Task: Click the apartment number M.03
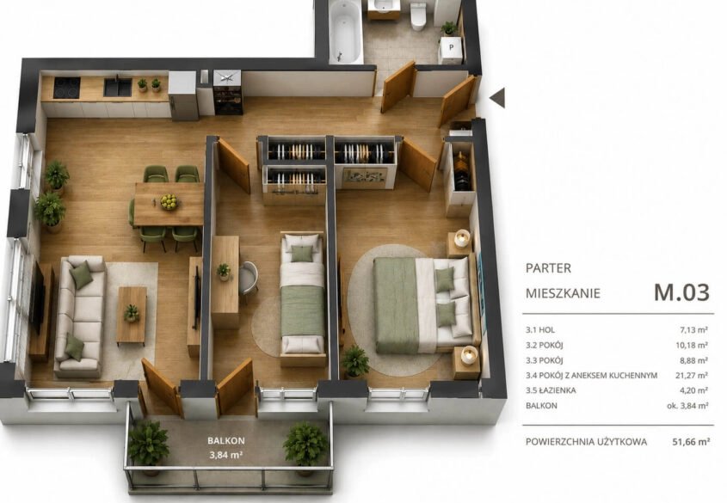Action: pyautogui.click(x=681, y=291)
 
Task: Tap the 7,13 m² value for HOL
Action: pyautogui.click(x=693, y=330)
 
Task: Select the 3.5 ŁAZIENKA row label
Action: pyautogui.click(x=551, y=390)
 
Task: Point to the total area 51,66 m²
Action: pyautogui.click(x=691, y=441)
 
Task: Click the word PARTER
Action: pyautogui.click(x=549, y=267)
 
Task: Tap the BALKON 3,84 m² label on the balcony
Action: pyautogui.click(x=226, y=448)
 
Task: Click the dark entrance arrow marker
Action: pyautogui.click(x=497, y=98)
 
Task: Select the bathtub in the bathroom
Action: pyautogui.click(x=345, y=32)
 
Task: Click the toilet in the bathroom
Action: pyautogui.click(x=418, y=16)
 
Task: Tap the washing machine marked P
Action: pyautogui.click(x=451, y=50)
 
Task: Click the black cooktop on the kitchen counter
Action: pyautogui.click(x=67, y=88)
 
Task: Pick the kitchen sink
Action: pyautogui.click(x=118, y=87)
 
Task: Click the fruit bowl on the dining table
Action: pyautogui.click(x=169, y=201)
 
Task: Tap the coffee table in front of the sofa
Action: pyautogui.click(x=132, y=316)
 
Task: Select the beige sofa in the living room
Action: pyautogui.click(x=80, y=317)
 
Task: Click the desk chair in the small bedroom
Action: pyautogui.click(x=249, y=278)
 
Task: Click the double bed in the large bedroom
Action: pyautogui.click(x=427, y=304)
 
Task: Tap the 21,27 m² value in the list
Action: pyautogui.click(x=692, y=375)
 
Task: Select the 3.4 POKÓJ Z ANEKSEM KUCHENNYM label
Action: pyautogui.click(x=592, y=375)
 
